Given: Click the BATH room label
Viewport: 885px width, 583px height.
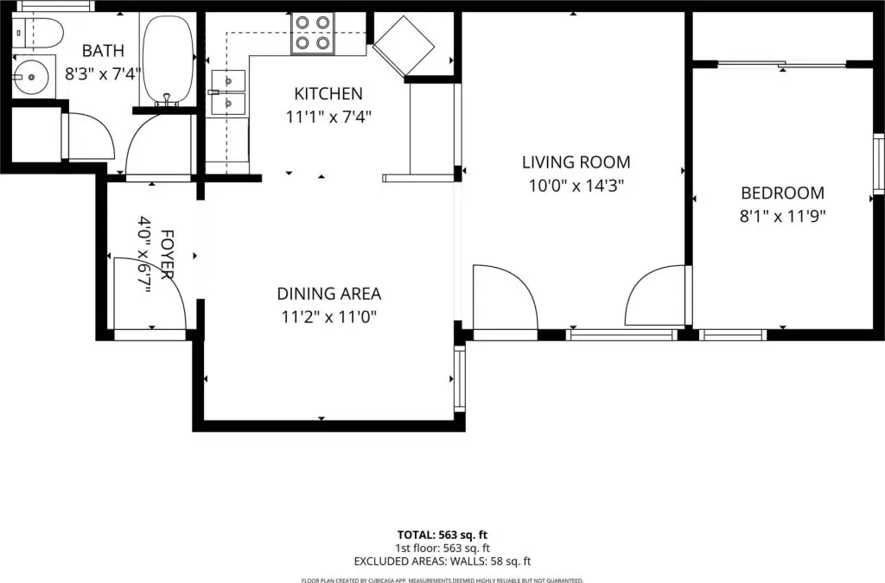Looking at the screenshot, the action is pos(103,51).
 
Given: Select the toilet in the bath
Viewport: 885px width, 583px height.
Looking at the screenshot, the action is pos(37,34).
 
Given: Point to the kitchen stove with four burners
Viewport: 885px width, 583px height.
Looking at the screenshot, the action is pos(313,34).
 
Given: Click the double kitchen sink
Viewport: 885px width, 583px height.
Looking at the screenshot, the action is pos(228,92).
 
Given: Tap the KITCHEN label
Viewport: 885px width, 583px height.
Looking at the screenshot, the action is pos(328,93).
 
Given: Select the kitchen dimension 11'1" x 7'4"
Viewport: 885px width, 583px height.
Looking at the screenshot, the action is pos(328,117).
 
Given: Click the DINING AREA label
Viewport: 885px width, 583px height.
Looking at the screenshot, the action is pos(329,294).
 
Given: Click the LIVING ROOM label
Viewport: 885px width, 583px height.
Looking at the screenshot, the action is pos(576,162).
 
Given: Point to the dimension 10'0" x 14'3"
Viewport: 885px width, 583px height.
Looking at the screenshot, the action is pos(576,186).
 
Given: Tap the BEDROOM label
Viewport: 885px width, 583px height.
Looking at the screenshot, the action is pos(782,193).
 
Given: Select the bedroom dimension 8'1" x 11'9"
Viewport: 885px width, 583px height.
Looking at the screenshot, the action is pos(782,216).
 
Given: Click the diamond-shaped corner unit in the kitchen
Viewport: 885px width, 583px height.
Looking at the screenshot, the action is pos(404,46).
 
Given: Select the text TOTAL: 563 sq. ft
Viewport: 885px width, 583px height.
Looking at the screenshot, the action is pos(442,535).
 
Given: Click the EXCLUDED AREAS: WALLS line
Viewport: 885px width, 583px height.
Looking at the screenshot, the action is pos(442,561).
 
